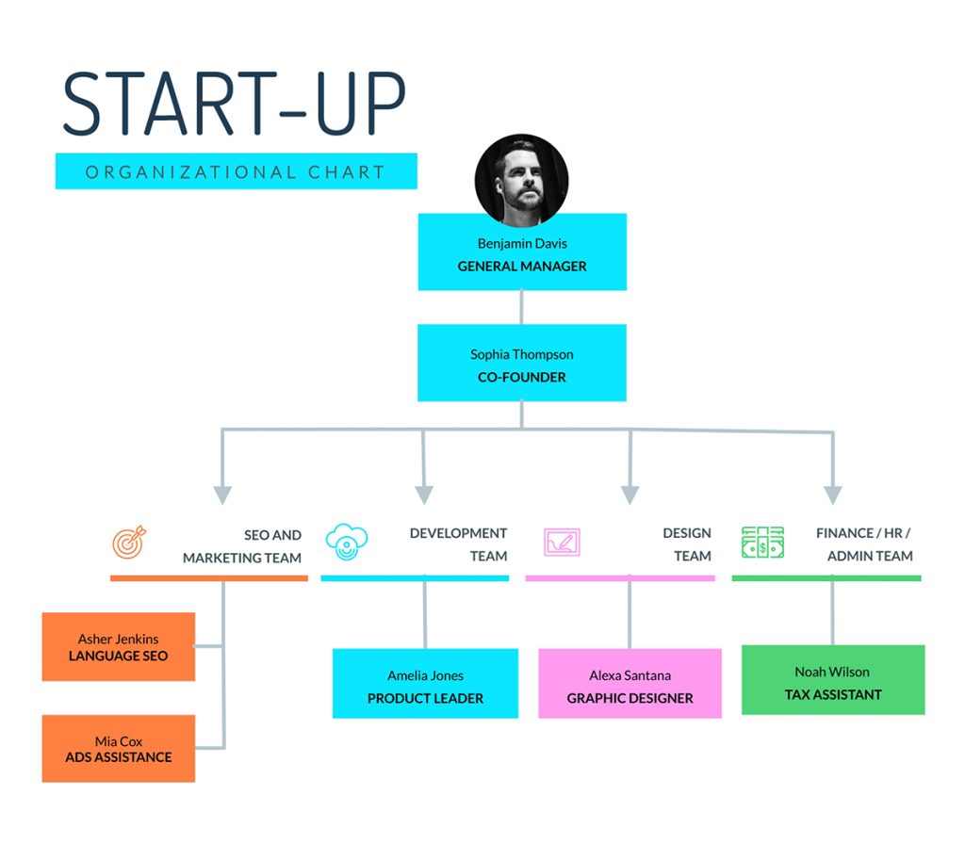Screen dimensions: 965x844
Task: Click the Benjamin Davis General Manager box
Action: click(x=522, y=252)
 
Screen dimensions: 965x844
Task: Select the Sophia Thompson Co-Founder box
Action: click(x=522, y=363)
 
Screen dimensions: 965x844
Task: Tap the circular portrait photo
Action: click(x=521, y=181)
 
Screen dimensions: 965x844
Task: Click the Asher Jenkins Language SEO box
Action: click(x=118, y=646)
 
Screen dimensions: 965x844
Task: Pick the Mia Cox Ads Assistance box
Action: click(x=118, y=749)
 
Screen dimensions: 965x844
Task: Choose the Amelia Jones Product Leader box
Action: click(x=425, y=684)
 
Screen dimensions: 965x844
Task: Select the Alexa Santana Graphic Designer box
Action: click(x=630, y=684)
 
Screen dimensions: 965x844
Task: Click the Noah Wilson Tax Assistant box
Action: click(x=833, y=680)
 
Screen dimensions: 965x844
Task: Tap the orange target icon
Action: click(x=129, y=543)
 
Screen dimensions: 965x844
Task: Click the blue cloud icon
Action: click(x=347, y=542)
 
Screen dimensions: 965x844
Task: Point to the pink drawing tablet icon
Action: click(x=562, y=542)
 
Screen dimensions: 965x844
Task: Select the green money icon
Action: click(x=762, y=542)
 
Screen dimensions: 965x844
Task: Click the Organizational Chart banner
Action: click(x=237, y=171)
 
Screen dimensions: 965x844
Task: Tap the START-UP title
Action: click(x=235, y=103)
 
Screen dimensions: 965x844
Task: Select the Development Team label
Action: click(x=459, y=544)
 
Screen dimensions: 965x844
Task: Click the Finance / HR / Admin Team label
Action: click(x=865, y=544)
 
